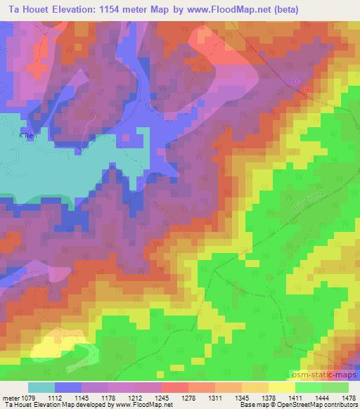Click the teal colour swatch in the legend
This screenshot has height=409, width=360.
(41, 387)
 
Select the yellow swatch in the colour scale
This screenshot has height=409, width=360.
(281, 387)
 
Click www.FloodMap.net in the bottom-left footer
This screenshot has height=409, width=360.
(146, 405)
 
